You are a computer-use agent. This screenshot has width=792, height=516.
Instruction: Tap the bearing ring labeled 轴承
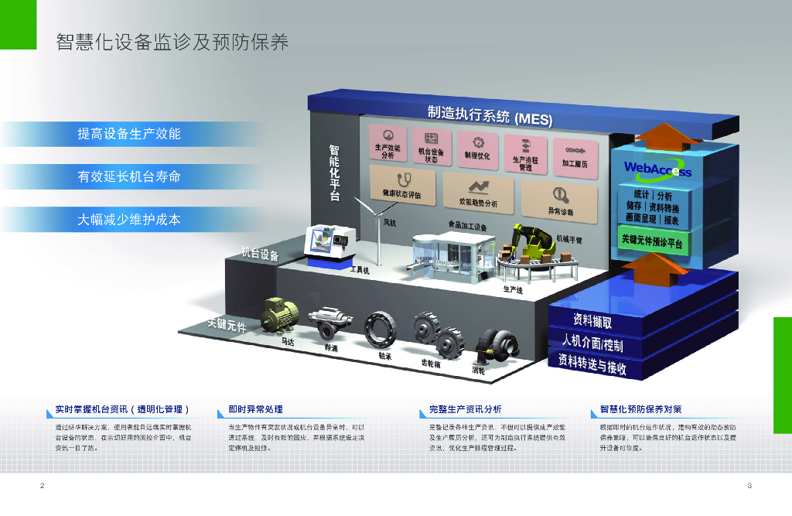pos(381,330)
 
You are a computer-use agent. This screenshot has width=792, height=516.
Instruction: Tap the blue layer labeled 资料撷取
pos(593,320)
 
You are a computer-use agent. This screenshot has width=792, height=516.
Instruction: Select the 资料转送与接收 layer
pos(592,364)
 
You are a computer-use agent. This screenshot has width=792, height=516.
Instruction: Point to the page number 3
pos(749,485)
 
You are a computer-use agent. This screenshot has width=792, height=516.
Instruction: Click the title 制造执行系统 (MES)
pos(491,116)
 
